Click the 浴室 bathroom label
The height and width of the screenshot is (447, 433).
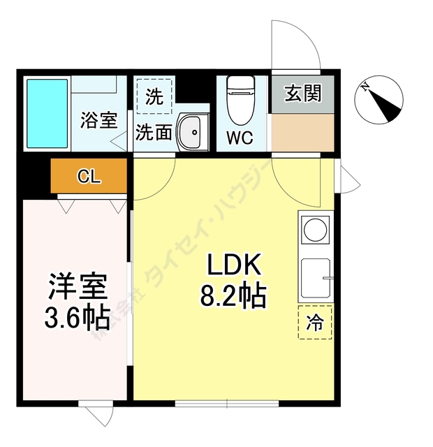(98, 120)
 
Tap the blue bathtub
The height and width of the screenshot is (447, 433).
(47, 112)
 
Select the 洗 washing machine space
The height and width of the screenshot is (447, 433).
(154, 96)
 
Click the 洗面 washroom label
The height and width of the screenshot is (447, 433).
(153, 131)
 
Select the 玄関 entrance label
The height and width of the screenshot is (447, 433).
(303, 93)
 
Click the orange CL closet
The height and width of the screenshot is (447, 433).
(89, 175)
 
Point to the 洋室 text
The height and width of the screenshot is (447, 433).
(77, 286)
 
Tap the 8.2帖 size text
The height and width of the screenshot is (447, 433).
(233, 297)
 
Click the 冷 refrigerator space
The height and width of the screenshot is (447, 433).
(316, 322)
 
